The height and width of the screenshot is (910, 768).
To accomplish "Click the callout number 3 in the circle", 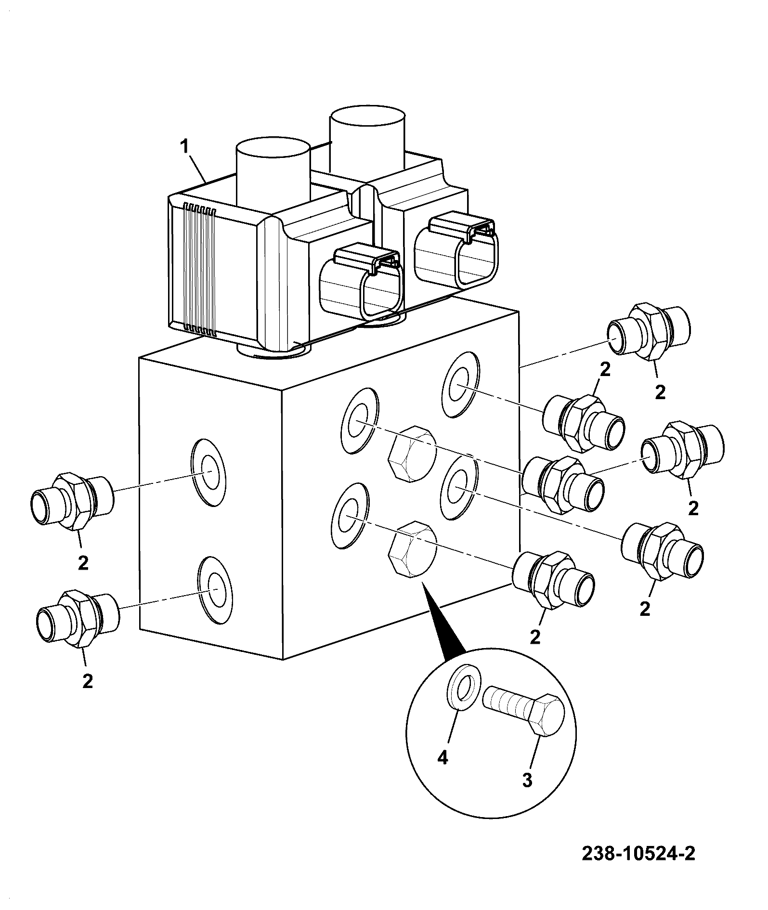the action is pyautogui.click(x=527, y=780).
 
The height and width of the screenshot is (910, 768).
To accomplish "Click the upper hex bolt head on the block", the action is pyautogui.click(x=412, y=454).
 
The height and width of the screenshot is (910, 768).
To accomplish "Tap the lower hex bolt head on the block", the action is pyautogui.click(x=413, y=547).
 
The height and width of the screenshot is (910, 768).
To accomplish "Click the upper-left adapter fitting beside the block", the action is pyautogui.click(x=71, y=501).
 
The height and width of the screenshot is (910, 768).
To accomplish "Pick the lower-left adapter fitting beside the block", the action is pyautogui.click(x=77, y=618).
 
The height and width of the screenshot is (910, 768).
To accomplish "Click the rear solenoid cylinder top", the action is pyautogui.click(x=367, y=116).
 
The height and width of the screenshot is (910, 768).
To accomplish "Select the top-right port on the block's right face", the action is pyautogui.click(x=460, y=384).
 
